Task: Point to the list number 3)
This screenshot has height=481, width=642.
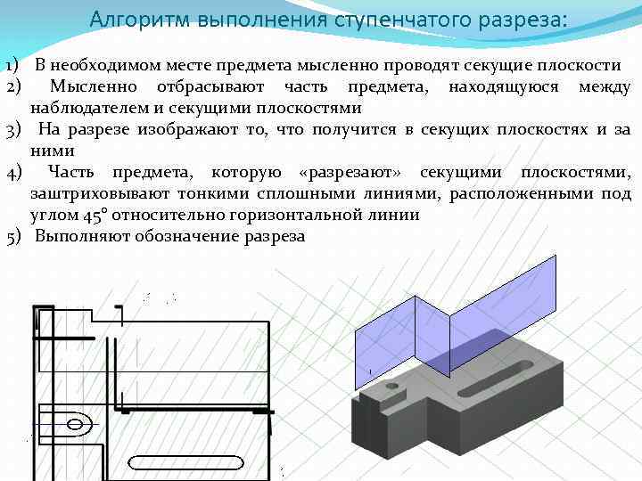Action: point(12,130)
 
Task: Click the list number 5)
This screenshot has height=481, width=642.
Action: point(12,236)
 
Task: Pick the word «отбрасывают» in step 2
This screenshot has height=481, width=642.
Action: point(210,87)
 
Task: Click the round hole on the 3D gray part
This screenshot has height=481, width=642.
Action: point(391,387)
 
